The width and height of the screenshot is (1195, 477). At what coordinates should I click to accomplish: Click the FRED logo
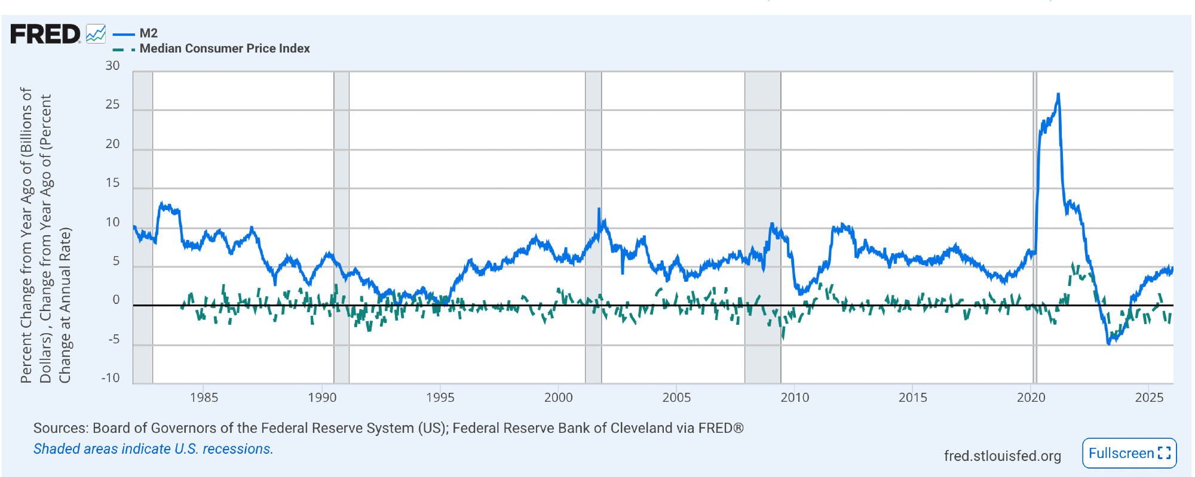pyautogui.click(x=45, y=34)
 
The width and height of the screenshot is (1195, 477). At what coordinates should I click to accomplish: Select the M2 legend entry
pyautogui.click(x=148, y=33)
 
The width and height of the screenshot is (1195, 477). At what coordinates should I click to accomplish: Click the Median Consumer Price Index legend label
pyautogui.click(x=225, y=48)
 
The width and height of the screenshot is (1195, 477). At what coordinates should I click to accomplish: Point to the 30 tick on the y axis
pyautogui.click(x=112, y=66)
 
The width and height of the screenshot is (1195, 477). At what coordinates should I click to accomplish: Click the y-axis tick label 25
pyautogui.click(x=112, y=104)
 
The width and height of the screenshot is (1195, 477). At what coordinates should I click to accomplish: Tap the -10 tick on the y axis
pyautogui.click(x=111, y=378)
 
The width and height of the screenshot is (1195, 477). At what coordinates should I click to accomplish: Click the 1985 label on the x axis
pyautogui.click(x=204, y=398)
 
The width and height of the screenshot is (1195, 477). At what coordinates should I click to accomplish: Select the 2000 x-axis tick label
pyautogui.click(x=558, y=398)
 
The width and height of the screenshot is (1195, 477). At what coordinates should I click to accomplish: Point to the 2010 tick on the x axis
pyautogui.click(x=795, y=398)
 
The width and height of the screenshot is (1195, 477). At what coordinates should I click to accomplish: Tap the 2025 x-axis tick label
pyautogui.click(x=1149, y=398)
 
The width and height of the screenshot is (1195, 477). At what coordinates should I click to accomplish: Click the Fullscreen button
pyautogui.click(x=1129, y=454)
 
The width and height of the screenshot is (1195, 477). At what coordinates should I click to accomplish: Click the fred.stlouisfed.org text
pyautogui.click(x=1002, y=456)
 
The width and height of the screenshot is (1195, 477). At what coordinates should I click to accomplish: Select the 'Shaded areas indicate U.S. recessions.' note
pyautogui.click(x=153, y=449)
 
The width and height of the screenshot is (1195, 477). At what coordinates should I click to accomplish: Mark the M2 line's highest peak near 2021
pyautogui.click(x=1058, y=94)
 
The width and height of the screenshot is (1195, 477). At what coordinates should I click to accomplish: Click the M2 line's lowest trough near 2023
pyautogui.click(x=1109, y=344)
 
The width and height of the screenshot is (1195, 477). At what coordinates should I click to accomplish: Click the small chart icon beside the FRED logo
pyautogui.click(x=96, y=33)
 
